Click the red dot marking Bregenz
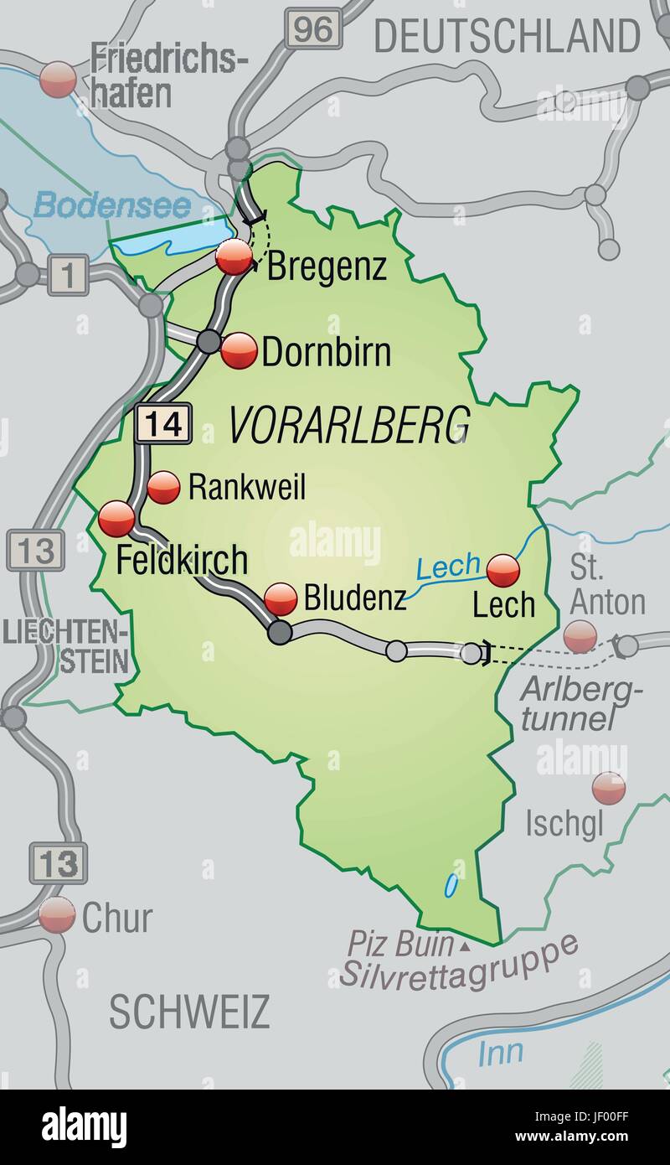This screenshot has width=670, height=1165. (234, 256)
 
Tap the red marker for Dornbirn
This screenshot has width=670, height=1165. (240, 350)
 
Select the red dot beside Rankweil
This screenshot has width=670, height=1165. (163, 486)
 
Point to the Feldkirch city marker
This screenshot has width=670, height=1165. (116, 520)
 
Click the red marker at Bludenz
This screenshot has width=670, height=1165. (281, 599)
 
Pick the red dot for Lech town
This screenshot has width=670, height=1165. (503, 571)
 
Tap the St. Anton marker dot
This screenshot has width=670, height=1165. (580, 636)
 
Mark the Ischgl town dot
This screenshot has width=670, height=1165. (609, 788)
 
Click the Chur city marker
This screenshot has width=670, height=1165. (57, 915)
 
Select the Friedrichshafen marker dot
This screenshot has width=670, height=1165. (59, 80)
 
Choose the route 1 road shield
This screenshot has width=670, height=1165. (64, 276)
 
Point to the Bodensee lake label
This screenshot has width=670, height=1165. (112, 205)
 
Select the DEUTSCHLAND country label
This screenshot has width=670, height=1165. (507, 36)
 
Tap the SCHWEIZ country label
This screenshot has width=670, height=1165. (189, 1012)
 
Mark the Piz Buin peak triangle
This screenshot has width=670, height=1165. (464, 947)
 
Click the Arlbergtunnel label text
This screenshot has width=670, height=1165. (582, 703)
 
